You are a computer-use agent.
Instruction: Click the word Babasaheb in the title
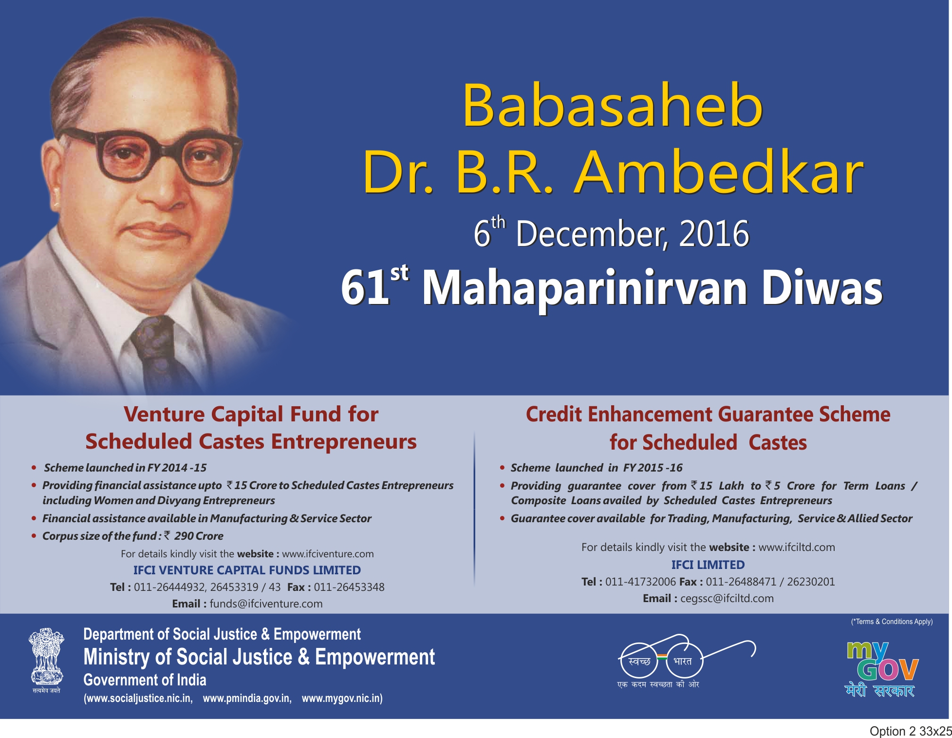613,105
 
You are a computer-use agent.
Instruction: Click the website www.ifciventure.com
328,554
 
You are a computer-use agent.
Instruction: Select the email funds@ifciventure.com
266,604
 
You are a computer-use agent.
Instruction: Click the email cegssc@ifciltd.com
727,599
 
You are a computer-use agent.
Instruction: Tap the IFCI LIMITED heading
708,565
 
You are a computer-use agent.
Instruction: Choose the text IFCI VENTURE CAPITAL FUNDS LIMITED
247,570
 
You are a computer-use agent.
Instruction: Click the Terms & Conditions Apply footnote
892,622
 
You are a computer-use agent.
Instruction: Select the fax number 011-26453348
349,587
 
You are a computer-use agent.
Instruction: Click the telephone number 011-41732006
640,582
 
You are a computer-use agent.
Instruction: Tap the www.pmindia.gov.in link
247,699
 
